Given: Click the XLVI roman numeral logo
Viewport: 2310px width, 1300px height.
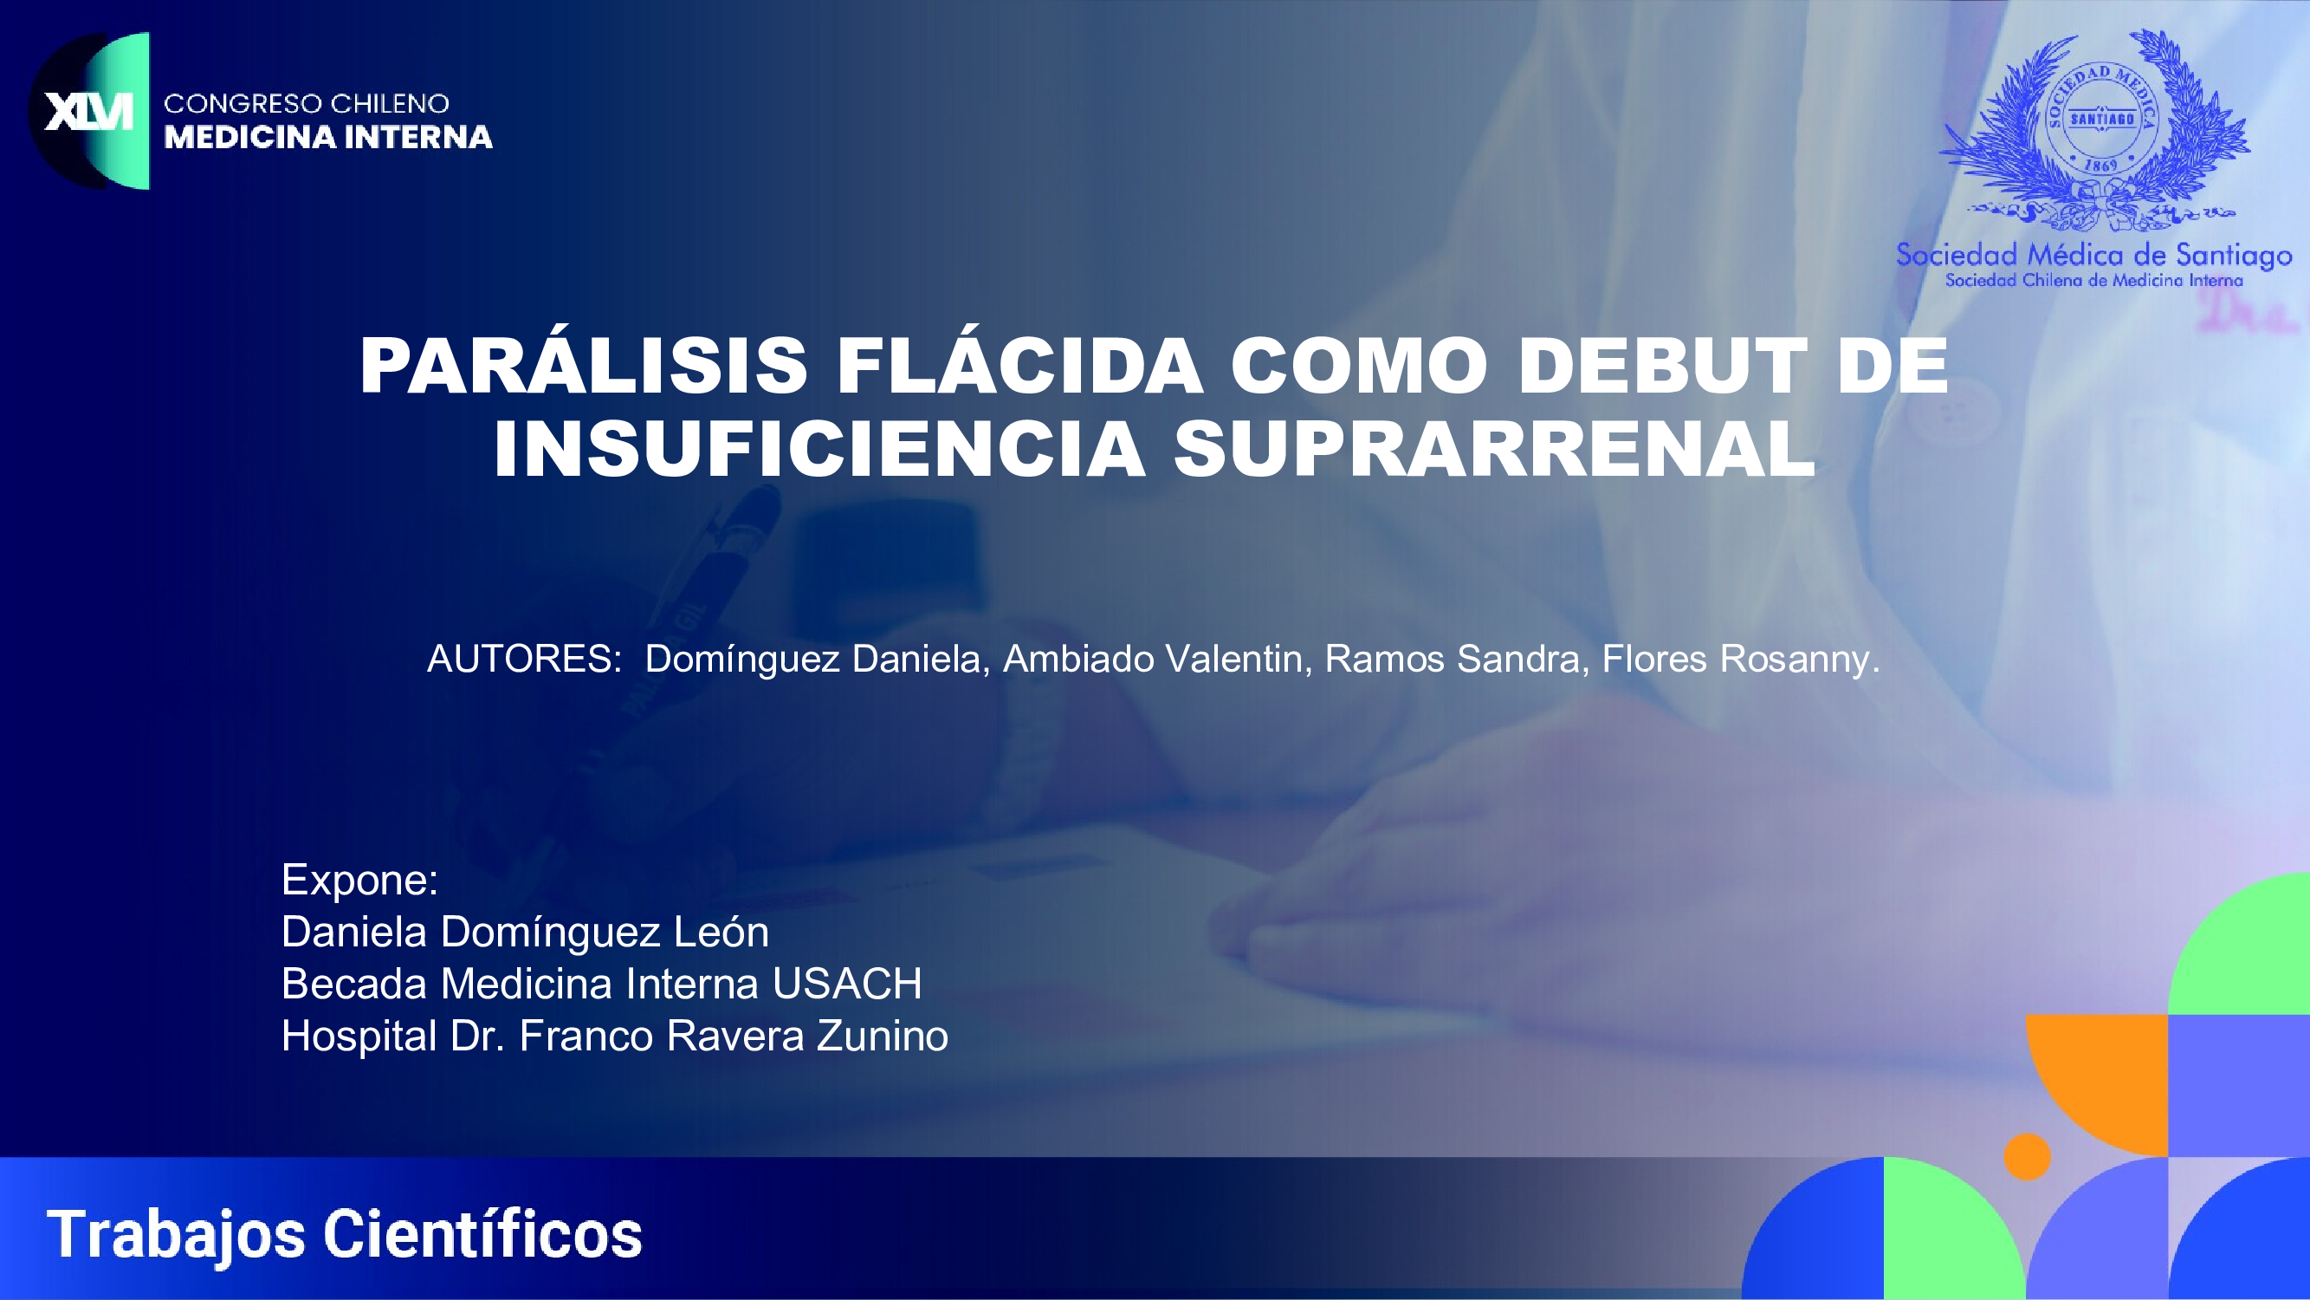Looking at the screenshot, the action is point(88,111).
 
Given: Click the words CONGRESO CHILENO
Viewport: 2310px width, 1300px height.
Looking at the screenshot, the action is point(307,103).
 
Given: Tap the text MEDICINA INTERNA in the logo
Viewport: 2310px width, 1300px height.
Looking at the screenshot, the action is point(328,137).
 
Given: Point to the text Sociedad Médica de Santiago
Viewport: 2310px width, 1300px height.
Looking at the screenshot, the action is point(2093,256).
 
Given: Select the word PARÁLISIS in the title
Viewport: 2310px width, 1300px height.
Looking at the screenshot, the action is point(584,366).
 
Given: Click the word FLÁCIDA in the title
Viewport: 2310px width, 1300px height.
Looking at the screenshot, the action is point(1019,366).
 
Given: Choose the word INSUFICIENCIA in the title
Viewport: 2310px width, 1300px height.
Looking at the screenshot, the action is point(819,449).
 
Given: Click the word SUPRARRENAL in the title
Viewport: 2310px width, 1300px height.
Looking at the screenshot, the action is point(1495,449).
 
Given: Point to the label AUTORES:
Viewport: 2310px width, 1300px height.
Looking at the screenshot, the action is point(525,660).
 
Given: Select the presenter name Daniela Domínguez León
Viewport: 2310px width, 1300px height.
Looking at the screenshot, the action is point(526,933).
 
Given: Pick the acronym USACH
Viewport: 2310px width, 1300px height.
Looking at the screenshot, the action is point(847,985).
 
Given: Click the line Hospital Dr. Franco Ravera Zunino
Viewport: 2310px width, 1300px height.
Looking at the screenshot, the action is point(615,1037).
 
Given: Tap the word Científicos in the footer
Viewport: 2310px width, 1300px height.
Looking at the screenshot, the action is point(482,1234).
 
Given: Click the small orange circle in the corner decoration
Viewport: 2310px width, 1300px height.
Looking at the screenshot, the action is point(2028,1156).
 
